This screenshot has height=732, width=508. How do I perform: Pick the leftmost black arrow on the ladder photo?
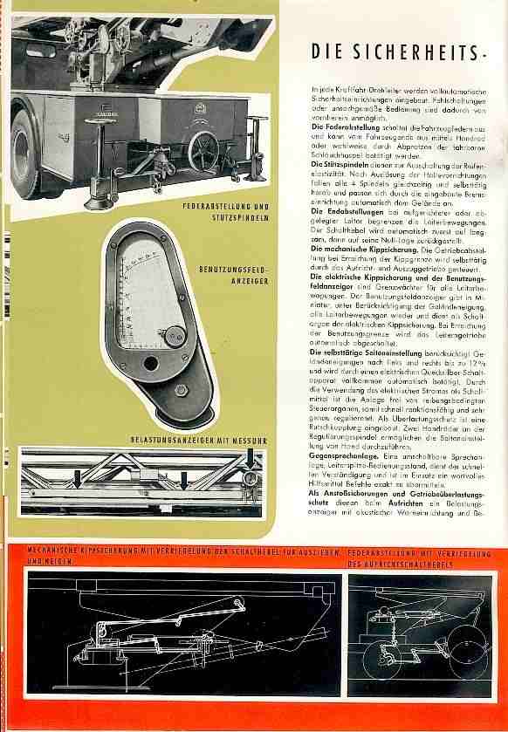(79, 476)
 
